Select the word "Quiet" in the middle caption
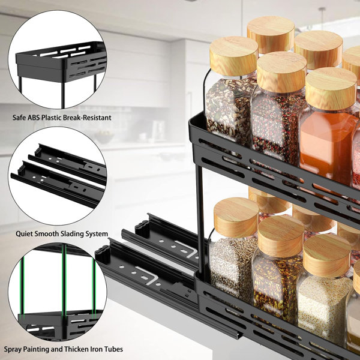pyautogui.click(x=27, y=233)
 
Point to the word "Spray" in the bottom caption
pyautogui.click(x=14, y=349)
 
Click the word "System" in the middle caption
pyautogui.click(x=97, y=233)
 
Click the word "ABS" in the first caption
pyautogui.click(x=37, y=118)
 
